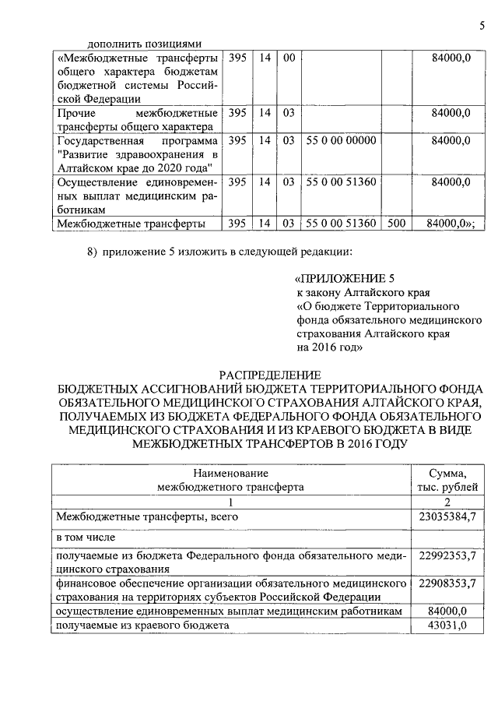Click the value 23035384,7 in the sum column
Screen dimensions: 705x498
[x=447, y=516]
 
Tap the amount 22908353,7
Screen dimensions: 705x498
[x=447, y=583]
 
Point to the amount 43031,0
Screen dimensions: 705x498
[x=447, y=626]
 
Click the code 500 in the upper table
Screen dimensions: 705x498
[x=397, y=224]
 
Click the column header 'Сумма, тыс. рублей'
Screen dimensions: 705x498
[x=447, y=480]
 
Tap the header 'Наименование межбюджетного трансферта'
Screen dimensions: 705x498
[x=231, y=480]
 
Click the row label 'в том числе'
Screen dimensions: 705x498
[x=85, y=538]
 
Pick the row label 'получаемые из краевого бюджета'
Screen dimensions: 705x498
[x=142, y=626]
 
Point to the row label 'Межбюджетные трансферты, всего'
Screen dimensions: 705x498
[x=146, y=516]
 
